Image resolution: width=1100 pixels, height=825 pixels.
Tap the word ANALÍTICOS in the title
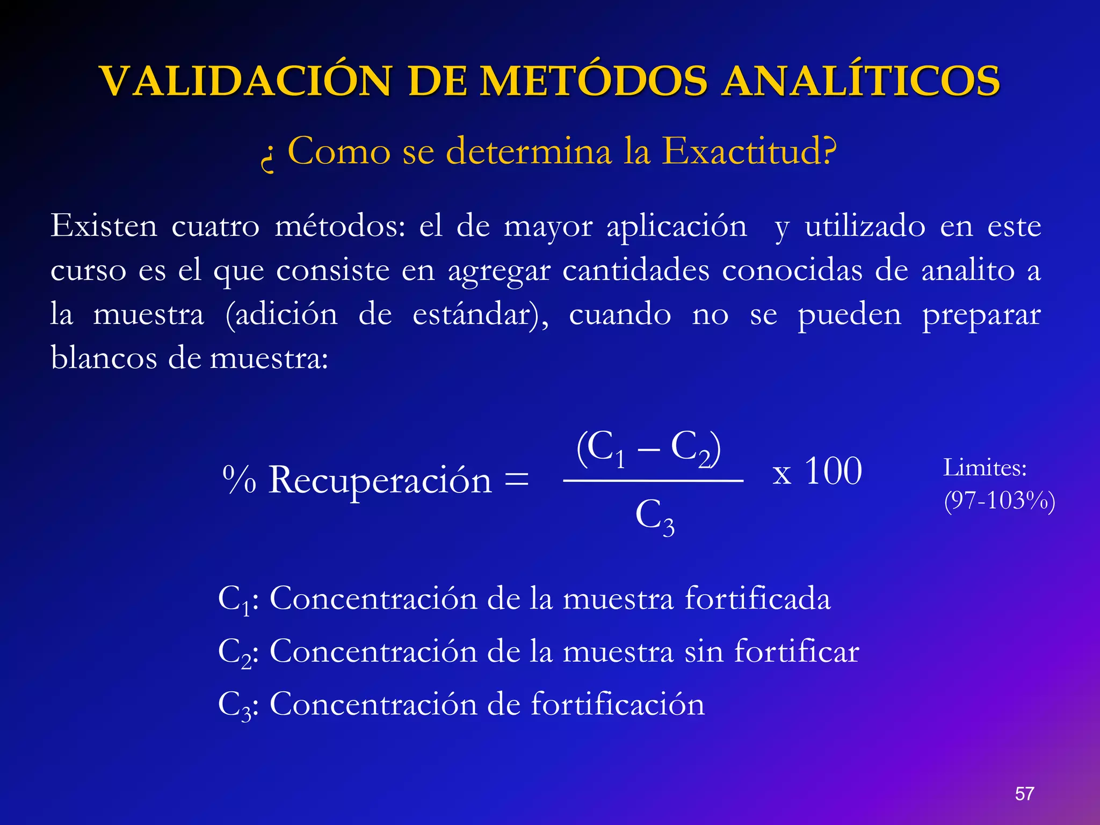coord(860,82)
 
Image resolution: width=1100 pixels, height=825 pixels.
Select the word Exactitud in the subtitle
coord(749,151)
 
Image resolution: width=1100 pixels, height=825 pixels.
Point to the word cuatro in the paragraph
coord(215,226)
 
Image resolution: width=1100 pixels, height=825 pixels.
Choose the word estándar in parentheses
coord(473,314)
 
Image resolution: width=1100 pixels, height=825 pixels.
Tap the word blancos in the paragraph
coord(104,358)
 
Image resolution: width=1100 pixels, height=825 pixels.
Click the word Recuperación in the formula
coord(380,480)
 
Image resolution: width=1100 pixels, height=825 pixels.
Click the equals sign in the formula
coord(517,479)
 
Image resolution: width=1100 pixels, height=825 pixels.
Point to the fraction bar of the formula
coord(653,481)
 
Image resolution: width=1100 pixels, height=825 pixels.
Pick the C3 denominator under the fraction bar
coord(654,517)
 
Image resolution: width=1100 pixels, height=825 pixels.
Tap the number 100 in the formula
coord(833,471)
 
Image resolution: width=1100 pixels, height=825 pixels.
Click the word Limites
coord(985,468)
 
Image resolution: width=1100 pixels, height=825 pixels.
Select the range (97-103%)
coord(1000,501)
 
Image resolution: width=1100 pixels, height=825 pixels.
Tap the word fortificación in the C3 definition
coord(618,704)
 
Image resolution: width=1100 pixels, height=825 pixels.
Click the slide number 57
coord(1024,794)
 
